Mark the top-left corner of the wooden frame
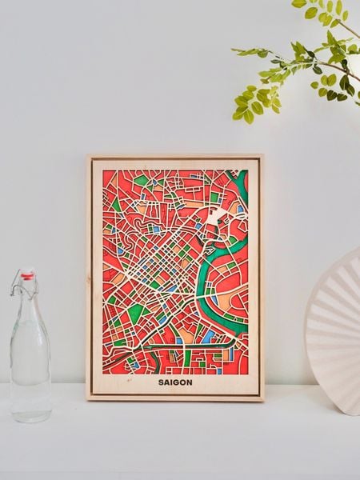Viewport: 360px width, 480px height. click(x=88, y=156)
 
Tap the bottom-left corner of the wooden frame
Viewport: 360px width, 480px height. click(x=88, y=398)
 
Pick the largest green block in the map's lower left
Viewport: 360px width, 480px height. click(x=136, y=311)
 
